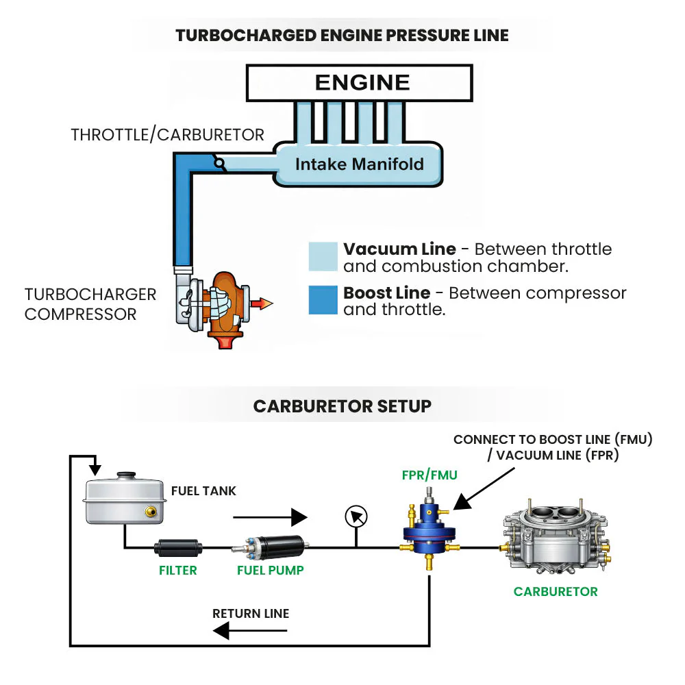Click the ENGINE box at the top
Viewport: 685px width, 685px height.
point(359,83)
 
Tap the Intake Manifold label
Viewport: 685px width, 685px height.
point(359,164)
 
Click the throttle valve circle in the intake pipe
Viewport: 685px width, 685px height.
point(219,164)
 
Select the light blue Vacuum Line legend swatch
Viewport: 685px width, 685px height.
point(323,256)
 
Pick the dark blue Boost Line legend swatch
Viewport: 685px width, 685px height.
point(323,300)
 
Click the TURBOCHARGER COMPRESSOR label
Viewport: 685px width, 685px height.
point(90,304)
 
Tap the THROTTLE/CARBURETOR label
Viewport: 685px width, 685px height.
point(167,135)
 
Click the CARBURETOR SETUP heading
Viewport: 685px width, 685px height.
point(342,406)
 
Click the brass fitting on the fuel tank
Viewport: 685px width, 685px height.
point(151,511)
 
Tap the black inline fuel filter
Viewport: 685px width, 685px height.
point(178,548)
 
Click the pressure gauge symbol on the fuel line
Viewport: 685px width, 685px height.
point(356,516)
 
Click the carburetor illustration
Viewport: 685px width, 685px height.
point(556,536)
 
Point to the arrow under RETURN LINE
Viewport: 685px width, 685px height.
point(250,631)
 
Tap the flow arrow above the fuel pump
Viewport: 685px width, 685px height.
point(270,517)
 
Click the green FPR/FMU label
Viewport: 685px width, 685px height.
point(429,475)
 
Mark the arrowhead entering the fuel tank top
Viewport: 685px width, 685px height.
point(95,470)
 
